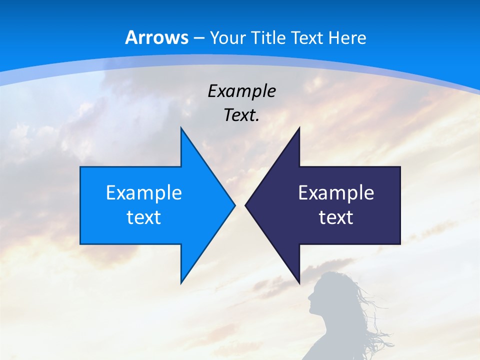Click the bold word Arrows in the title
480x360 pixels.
157,37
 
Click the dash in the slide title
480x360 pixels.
199,38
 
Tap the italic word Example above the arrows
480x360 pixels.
242,91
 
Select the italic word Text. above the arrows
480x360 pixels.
242,115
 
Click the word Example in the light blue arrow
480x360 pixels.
144,193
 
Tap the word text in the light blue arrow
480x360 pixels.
144,217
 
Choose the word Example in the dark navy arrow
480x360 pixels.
336,193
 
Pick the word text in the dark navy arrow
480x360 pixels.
336,217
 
